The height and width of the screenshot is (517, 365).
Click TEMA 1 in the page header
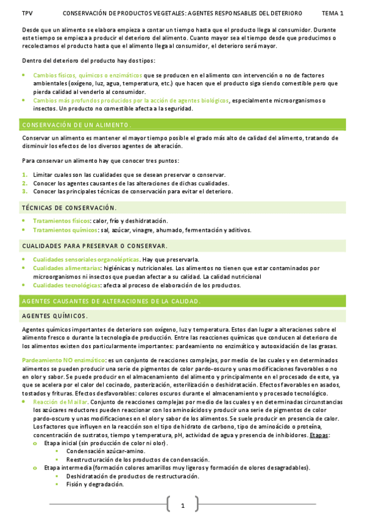tap(333, 13)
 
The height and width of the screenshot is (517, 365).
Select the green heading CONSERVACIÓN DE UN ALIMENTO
tap(76, 125)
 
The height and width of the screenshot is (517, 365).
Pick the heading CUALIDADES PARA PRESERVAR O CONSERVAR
tap(94, 246)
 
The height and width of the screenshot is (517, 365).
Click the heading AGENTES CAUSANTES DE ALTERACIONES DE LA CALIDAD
tap(111, 301)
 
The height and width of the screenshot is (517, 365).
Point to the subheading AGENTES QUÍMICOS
tap(54, 316)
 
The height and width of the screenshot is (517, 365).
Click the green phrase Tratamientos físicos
tap(61, 221)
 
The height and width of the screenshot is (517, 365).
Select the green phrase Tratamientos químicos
tap(65, 230)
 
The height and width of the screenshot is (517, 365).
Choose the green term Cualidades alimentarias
tap(66, 268)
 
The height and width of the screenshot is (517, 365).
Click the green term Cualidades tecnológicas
tap(67, 285)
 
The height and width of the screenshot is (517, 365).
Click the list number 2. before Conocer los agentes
tap(24, 183)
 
